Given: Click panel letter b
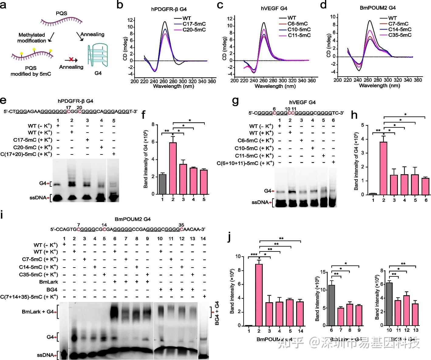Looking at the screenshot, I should [120, 5].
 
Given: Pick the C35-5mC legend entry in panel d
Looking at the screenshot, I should [400, 35].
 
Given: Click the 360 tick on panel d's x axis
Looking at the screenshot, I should [418, 80].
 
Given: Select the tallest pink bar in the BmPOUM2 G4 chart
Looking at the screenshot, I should [259, 295].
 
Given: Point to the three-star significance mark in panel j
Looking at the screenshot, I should [254, 254].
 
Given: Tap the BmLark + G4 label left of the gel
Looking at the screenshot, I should [37, 312].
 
